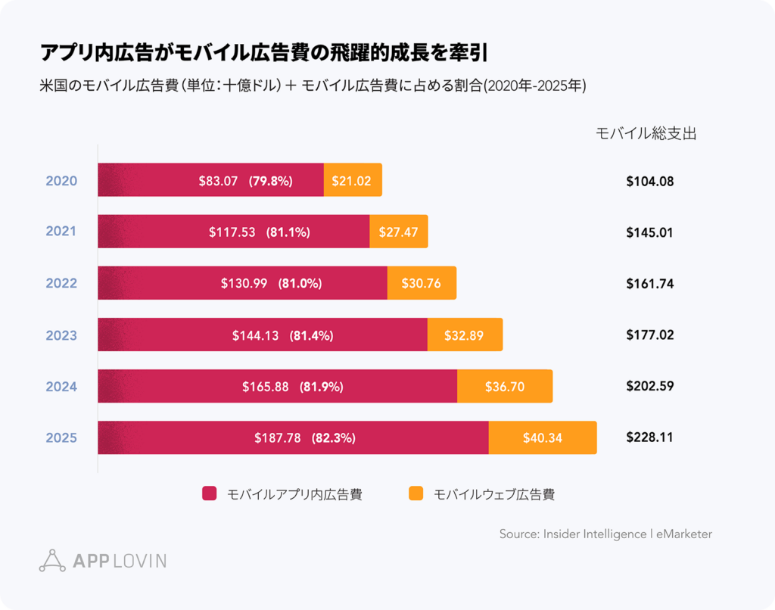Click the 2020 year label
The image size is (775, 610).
61,181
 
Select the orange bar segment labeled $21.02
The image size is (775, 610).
353,181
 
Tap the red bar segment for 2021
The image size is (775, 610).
234,232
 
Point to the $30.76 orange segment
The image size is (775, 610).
422,283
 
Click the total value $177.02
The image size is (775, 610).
649,335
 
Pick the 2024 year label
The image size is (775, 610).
61,386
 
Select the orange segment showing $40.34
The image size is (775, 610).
542,437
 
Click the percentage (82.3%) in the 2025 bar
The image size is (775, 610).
333,437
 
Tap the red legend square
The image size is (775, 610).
210,494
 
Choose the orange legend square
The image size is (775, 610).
416,494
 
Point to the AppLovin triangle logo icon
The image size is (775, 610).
52,560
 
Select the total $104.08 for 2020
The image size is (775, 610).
649,181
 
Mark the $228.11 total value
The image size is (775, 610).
649,437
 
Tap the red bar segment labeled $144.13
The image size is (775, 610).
263,335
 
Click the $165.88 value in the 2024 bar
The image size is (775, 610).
266,386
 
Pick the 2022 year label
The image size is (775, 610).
61,283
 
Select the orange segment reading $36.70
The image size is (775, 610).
505,386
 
